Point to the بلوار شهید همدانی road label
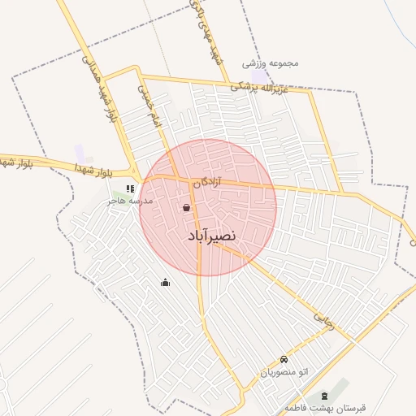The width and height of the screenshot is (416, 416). click(99, 89)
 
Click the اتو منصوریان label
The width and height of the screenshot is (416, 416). click(284, 372)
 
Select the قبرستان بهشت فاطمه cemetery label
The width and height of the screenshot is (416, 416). click(326, 406)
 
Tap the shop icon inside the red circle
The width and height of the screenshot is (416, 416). click(187, 208)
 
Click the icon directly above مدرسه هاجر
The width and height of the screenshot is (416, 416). click(130, 189)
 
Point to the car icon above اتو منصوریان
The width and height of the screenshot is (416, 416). click(284, 359)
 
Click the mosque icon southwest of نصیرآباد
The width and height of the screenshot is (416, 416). click(166, 283)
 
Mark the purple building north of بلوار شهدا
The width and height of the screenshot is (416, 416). click(79, 152)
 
